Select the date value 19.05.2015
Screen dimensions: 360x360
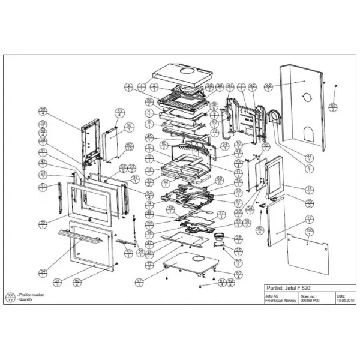point(343,301)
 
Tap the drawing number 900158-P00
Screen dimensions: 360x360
point(308,301)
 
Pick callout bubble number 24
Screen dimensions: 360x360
point(43,273)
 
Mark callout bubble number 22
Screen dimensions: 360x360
point(43,224)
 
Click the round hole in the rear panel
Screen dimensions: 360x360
point(304,97)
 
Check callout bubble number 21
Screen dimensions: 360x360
point(58,281)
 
